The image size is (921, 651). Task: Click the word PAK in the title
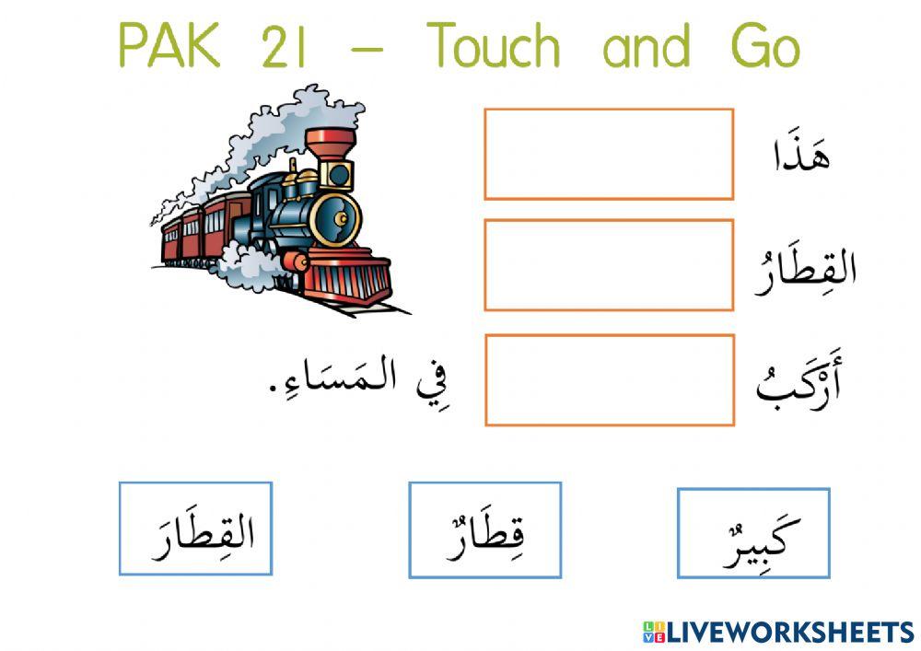(x=171, y=47)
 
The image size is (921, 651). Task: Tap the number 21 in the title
(x=284, y=47)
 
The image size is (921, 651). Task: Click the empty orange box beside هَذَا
(x=609, y=154)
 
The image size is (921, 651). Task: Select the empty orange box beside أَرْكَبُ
(x=609, y=380)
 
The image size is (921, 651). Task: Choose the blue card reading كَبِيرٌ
(x=753, y=533)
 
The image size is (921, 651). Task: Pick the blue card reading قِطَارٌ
(x=484, y=530)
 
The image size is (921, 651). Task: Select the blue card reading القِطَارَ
(x=195, y=529)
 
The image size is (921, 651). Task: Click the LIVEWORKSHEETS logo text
(x=778, y=632)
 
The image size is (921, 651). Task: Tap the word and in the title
(x=646, y=47)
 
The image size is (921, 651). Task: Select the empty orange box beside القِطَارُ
(x=609, y=265)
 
